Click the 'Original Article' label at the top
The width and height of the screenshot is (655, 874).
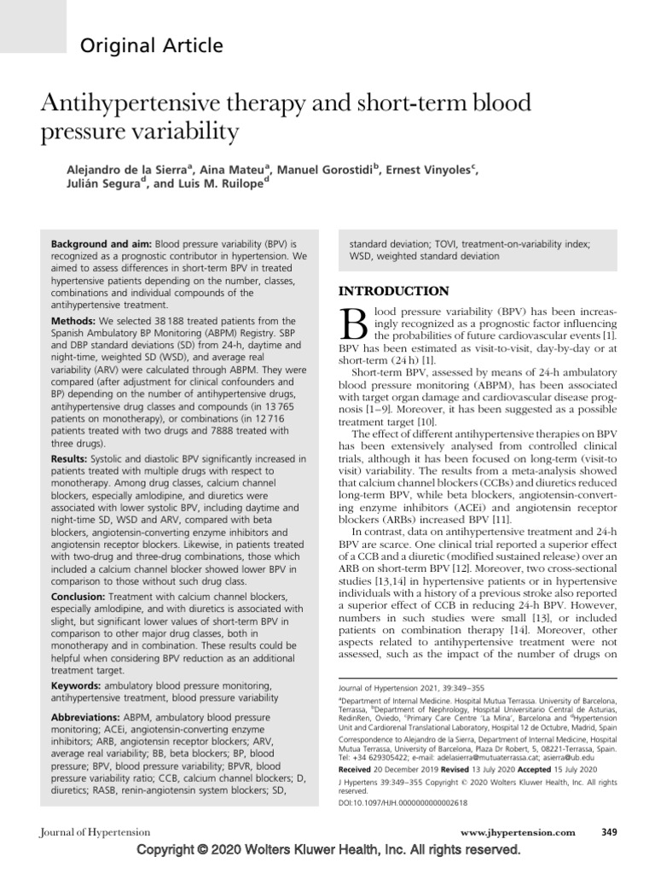pos(152,46)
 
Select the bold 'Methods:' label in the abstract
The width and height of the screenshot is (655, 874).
pos(73,321)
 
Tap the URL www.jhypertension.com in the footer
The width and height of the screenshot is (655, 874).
pos(517,833)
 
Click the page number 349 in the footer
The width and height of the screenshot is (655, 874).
pos(609,833)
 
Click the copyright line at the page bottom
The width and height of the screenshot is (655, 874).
pos(327,852)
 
